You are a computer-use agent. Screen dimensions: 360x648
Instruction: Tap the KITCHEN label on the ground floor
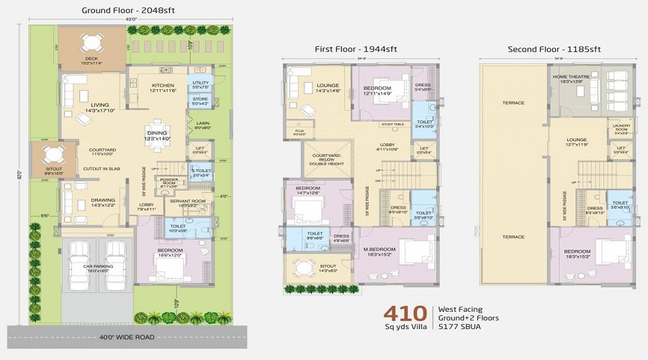point(163,86)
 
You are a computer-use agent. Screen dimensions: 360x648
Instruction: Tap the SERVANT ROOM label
point(192,202)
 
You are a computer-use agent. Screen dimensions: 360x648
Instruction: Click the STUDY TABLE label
point(392,125)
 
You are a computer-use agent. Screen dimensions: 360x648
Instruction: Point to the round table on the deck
point(91,40)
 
